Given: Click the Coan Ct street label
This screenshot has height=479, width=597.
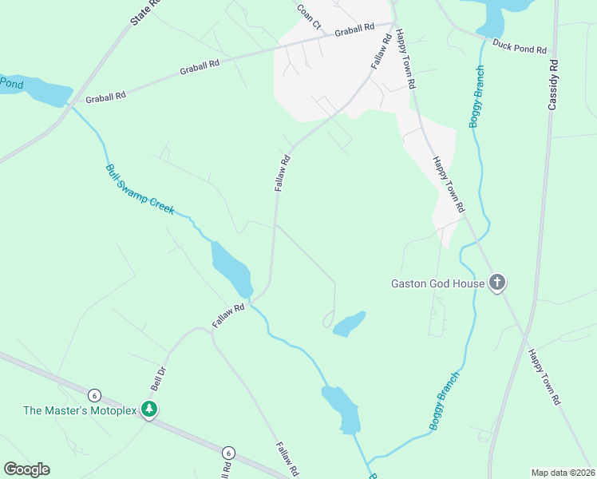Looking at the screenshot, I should point(308,16).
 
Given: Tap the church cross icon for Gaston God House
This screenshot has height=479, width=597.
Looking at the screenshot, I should point(496,283).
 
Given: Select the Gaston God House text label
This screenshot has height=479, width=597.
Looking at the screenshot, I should point(437,283).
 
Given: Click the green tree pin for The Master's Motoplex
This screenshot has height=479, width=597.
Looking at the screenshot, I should point(148,409).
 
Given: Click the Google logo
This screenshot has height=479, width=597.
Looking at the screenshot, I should point(26,469).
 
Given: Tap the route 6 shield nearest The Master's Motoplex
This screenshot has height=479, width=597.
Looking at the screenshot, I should point(94,395).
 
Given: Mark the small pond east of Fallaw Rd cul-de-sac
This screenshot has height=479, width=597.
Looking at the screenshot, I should point(349,323).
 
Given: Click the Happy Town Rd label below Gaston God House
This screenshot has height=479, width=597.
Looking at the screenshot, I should point(544,375).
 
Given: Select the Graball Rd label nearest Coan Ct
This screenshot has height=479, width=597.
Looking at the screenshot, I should point(354,30).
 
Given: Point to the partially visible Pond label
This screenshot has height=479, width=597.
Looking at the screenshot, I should point(10,82).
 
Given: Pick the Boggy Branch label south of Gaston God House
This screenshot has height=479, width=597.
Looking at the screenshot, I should point(445,401).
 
